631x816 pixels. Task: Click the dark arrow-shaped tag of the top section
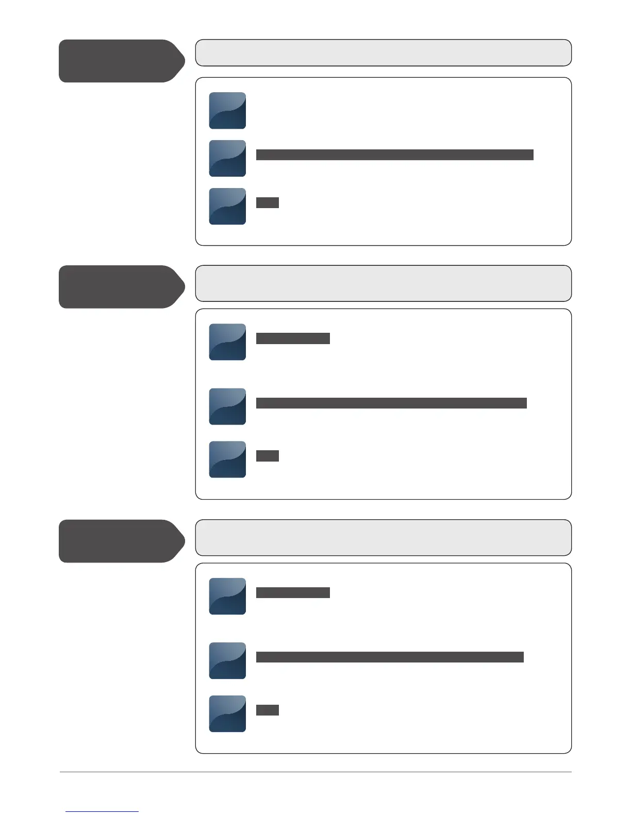pyautogui.click(x=121, y=61)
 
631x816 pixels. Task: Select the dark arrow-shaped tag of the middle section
pyautogui.click(x=121, y=287)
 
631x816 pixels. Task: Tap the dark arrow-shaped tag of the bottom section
pyautogui.click(x=121, y=541)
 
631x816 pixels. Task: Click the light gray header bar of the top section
pyautogui.click(x=383, y=53)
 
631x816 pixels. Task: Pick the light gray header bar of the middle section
pyautogui.click(x=383, y=283)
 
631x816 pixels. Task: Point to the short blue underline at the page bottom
pyautogui.click(x=102, y=811)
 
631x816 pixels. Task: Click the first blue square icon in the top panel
pyautogui.click(x=227, y=111)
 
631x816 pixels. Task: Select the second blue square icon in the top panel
pyautogui.click(x=227, y=158)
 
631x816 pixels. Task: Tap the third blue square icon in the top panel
pyautogui.click(x=227, y=206)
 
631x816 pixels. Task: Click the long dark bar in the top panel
pyautogui.click(x=394, y=155)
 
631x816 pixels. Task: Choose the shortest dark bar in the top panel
pyautogui.click(x=268, y=202)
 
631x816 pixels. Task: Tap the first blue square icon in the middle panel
pyautogui.click(x=227, y=342)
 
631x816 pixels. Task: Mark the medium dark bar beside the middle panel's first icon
pyautogui.click(x=293, y=338)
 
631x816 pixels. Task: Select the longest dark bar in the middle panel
pyautogui.click(x=391, y=403)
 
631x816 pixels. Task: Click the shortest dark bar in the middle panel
pyautogui.click(x=268, y=456)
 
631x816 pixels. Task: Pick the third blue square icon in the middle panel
pyautogui.click(x=227, y=460)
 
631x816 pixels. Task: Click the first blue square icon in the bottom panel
pyautogui.click(x=227, y=596)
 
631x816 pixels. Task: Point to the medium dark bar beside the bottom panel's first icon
pyautogui.click(x=293, y=592)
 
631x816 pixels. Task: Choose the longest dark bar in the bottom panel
pyautogui.click(x=390, y=657)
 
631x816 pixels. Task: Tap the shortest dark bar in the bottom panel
pyautogui.click(x=268, y=710)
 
